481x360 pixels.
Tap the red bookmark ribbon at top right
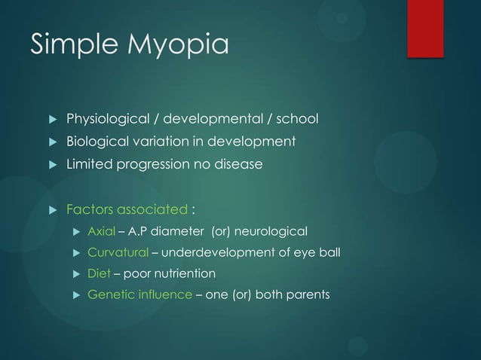pos(424,27)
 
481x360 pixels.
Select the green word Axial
pos(101,230)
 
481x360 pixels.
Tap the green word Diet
pos(99,273)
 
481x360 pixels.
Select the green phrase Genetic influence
pos(139,294)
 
